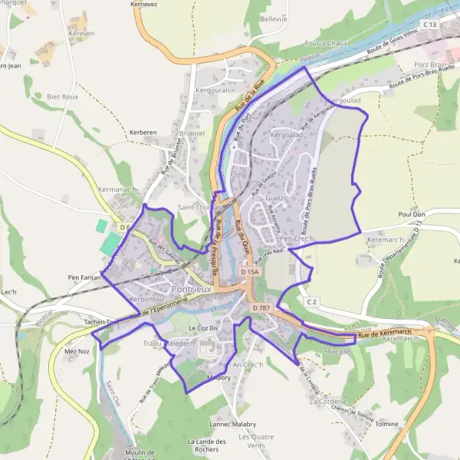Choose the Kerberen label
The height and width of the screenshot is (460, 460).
tap(143, 132)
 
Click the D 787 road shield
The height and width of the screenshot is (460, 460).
tap(261, 307)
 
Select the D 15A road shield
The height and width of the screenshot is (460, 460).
tap(250, 272)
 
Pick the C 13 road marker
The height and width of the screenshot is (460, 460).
tap(429, 25)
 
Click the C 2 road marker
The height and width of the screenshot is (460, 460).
tap(312, 302)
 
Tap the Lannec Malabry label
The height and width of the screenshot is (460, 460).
tap(233, 423)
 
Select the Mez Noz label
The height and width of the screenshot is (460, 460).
tap(77, 350)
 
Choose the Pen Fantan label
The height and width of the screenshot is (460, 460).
tap(84, 276)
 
